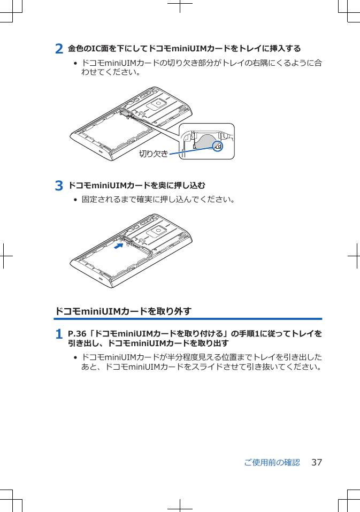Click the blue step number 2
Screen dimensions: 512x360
[60, 49]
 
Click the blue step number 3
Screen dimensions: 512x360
[60, 186]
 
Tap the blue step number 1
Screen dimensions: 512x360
[60, 334]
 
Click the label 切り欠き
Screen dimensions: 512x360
[154, 154]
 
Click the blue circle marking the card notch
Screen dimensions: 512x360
[217, 146]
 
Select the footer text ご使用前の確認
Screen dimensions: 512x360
[272, 462]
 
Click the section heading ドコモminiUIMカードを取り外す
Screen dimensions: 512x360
[124, 311]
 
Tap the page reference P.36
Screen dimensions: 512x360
[78, 334]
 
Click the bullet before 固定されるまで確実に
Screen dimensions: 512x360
[75, 200]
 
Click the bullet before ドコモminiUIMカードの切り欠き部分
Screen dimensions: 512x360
[75, 64]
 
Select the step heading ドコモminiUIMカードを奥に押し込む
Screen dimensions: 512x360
[137, 186]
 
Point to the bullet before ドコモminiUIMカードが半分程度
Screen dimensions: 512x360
[75, 357]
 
